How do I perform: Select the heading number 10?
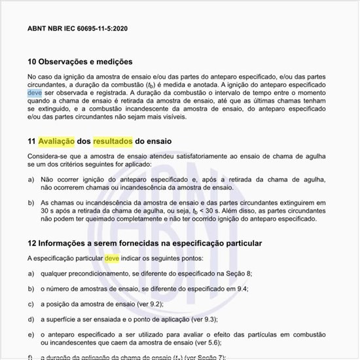[x=32, y=62]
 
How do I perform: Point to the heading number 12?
[x=32, y=243]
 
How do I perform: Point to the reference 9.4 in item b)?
[x=242, y=289]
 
